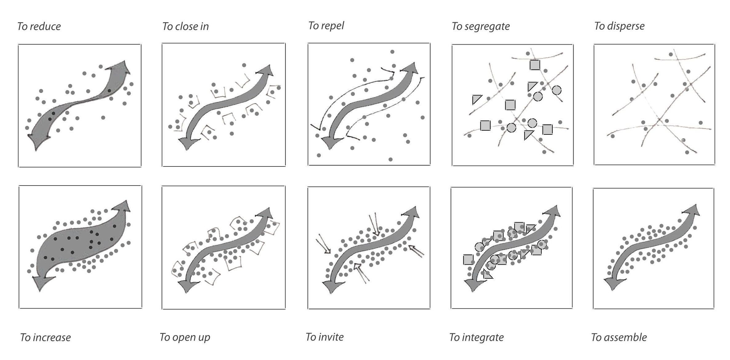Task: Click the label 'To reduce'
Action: click(39, 26)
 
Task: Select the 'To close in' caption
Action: click(185, 26)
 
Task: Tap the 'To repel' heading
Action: click(326, 26)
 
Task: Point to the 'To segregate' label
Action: click(480, 26)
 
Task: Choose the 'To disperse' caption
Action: click(619, 26)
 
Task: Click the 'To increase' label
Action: click(45, 337)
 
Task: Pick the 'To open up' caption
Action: click(185, 337)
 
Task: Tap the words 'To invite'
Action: click(325, 337)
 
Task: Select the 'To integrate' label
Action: click(476, 337)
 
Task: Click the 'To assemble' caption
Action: click(619, 337)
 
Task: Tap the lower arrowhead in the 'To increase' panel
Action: click(42, 282)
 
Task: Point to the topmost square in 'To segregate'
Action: click(535, 65)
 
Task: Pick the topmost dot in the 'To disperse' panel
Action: click(671, 54)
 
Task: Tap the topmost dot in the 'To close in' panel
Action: click(244, 65)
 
